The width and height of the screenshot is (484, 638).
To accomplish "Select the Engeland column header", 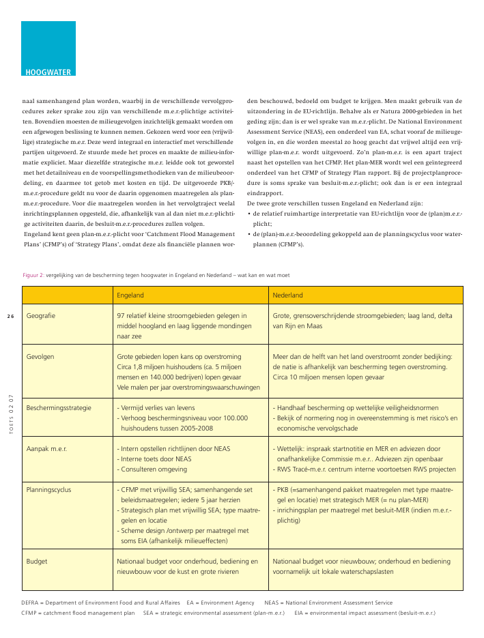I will (x=130, y=295).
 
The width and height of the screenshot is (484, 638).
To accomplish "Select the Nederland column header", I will (x=288, y=295).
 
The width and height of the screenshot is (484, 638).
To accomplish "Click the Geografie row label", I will (x=41, y=317).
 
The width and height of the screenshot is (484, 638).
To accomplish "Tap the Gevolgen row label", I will (x=40, y=356).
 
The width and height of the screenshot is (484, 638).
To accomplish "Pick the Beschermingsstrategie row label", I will (x=59, y=407).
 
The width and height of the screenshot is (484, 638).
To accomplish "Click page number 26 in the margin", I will (x=11, y=316).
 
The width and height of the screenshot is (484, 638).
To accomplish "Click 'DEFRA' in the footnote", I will (x=29, y=603).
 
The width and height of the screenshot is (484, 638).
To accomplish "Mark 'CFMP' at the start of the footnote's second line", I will (x=29, y=613).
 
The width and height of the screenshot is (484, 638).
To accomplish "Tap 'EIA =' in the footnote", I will (x=303, y=613).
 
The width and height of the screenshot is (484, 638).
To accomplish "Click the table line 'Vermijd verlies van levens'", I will (x=158, y=407).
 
